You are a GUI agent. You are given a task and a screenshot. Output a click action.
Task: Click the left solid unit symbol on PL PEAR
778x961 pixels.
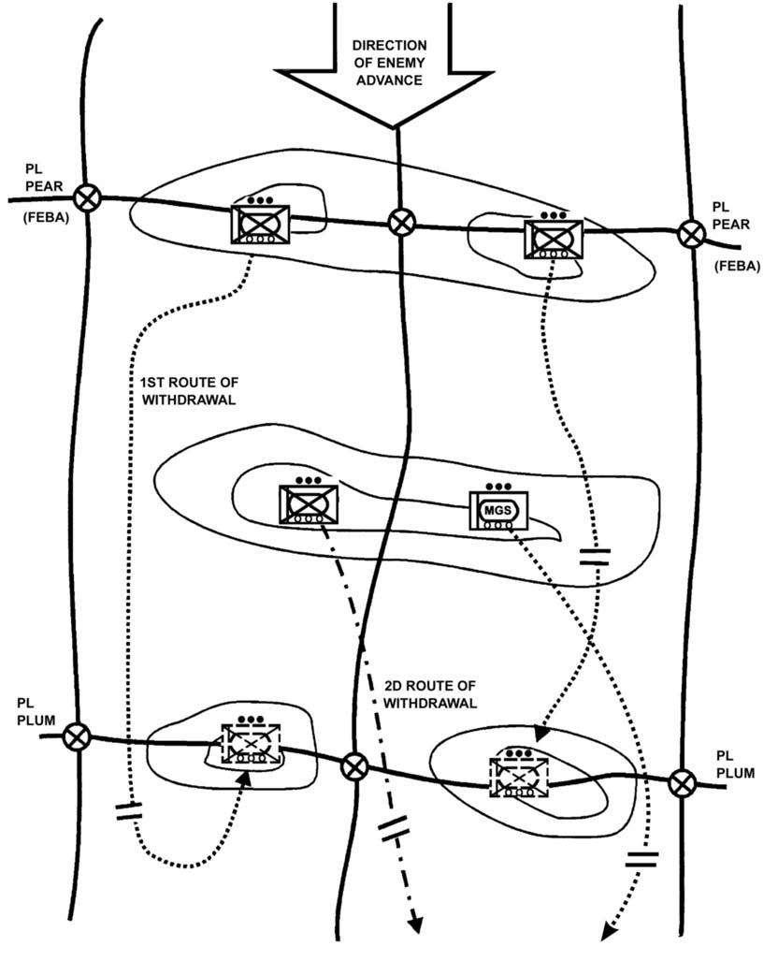click(x=260, y=225)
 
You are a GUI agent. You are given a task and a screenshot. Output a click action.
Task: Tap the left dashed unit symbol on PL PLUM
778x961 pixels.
click(x=249, y=744)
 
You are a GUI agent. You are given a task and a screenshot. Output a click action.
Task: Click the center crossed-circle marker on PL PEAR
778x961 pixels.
click(x=401, y=222)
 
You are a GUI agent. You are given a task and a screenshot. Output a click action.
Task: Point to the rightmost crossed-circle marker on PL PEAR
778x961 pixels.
click(x=691, y=233)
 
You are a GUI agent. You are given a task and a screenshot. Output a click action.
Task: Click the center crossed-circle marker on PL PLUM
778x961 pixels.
click(x=353, y=766)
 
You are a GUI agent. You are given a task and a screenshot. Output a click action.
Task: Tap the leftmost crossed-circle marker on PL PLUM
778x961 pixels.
click(x=77, y=736)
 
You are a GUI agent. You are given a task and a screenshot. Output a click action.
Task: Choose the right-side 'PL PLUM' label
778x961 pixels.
click(x=732, y=764)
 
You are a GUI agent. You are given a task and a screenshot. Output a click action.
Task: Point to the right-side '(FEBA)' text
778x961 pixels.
click(x=735, y=267)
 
